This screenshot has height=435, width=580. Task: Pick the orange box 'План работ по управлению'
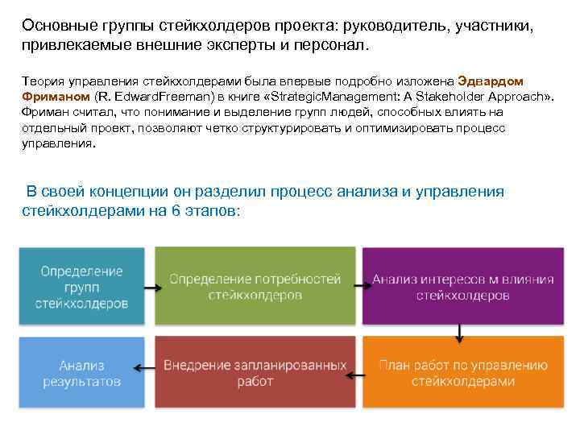(462, 371)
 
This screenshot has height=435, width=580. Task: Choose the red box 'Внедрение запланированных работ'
(255, 371)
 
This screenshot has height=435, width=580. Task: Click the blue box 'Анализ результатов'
(81, 371)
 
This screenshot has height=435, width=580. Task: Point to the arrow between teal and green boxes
(150, 286)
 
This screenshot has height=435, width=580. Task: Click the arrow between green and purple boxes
(359, 286)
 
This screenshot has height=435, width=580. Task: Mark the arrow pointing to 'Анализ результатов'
(144, 367)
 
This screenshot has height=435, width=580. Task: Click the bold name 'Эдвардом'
(490, 81)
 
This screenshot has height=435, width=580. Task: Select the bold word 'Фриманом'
(52, 97)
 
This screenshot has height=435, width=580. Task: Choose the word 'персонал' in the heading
(330, 44)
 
